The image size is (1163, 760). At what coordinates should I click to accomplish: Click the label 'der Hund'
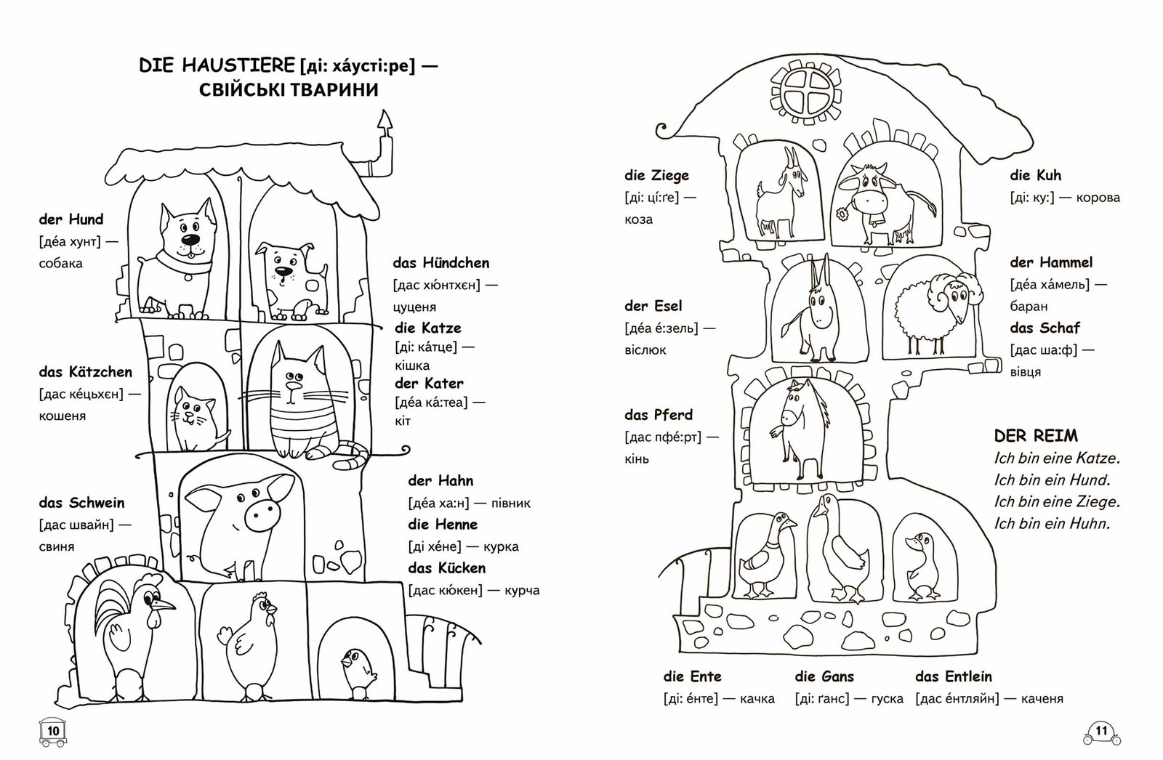click(71, 219)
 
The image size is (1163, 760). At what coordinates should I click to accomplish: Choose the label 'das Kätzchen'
click(86, 372)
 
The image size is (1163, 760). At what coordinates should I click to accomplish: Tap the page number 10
click(52, 730)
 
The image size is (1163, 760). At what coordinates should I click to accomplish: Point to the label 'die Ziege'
click(656, 175)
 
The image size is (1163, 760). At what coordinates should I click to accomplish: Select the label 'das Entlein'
click(954, 676)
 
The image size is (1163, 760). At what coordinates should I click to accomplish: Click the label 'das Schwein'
click(81, 503)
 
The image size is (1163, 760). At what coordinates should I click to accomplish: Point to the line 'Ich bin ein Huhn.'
click(1052, 523)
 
